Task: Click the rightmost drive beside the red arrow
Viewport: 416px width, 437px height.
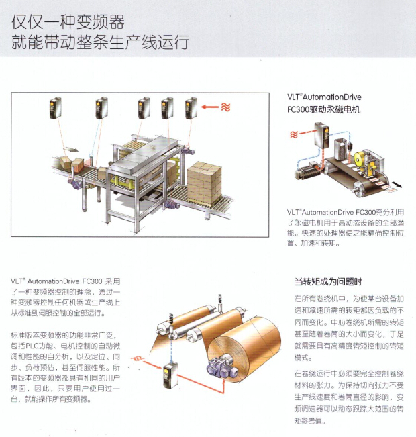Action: pos(193,108)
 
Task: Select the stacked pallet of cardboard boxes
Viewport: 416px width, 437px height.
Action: pos(204,180)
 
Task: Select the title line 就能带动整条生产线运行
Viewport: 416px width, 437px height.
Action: pos(100,44)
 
